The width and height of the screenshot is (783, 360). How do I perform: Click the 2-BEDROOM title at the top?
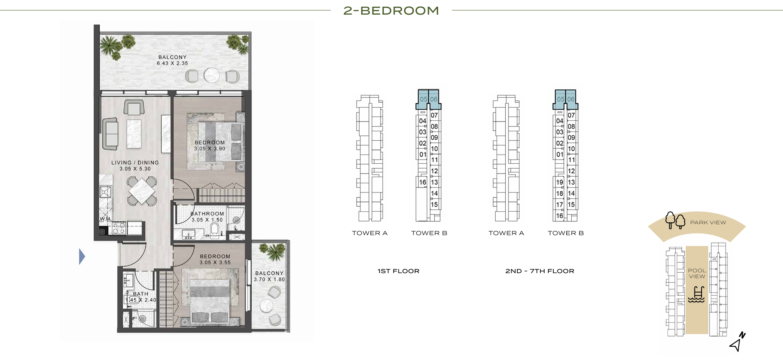(391, 10)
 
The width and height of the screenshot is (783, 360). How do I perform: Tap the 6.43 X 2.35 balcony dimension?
(172, 63)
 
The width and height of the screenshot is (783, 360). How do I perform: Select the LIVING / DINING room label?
(135, 162)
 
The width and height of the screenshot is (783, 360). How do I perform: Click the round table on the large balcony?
(212, 75)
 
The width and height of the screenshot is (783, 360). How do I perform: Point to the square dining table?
(142, 191)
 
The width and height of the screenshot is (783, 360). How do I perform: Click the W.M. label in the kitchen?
(106, 219)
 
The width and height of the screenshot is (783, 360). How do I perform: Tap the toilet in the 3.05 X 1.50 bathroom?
(215, 229)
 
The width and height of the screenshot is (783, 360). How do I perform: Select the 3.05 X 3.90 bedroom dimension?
(210, 149)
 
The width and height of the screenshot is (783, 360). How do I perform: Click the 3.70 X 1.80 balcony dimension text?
(269, 279)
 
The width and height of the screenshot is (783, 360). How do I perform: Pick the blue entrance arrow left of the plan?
(82, 256)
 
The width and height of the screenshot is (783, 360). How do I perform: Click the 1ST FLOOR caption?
(398, 271)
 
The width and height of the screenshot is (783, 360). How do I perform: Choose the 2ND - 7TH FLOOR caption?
(540, 271)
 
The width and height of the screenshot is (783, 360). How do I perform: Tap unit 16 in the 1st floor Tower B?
(423, 182)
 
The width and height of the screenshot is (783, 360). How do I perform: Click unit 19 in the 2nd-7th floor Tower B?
(560, 182)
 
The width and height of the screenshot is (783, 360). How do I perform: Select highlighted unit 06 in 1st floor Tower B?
(434, 99)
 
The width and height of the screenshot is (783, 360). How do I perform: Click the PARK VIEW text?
(708, 223)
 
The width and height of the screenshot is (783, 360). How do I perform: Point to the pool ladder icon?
(696, 294)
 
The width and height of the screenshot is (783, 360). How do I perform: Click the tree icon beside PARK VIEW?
(675, 220)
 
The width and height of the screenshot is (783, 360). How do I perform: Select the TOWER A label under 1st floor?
(370, 233)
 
